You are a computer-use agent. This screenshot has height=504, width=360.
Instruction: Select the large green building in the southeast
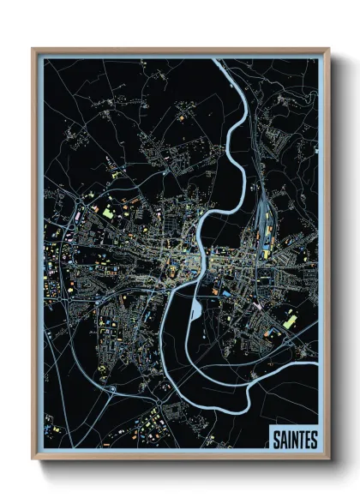(x=290, y=321)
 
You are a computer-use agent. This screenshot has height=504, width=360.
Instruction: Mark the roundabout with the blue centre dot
(x=112, y=390)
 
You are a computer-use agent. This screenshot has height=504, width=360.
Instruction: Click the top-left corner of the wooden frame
(x=33, y=50)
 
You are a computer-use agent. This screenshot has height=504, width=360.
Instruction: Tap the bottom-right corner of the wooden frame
(x=328, y=460)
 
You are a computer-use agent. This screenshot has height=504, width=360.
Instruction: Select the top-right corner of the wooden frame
(x=328, y=50)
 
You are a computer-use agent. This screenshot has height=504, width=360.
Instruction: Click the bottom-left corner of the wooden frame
(x=33, y=460)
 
